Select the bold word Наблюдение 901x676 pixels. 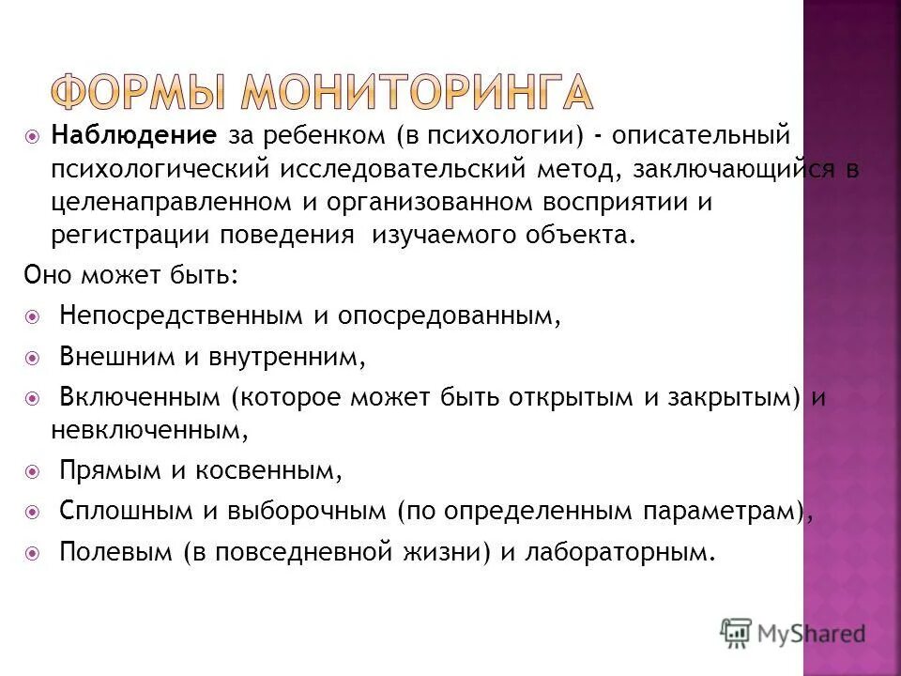pos(134,136)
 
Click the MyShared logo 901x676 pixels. pos(792,633)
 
